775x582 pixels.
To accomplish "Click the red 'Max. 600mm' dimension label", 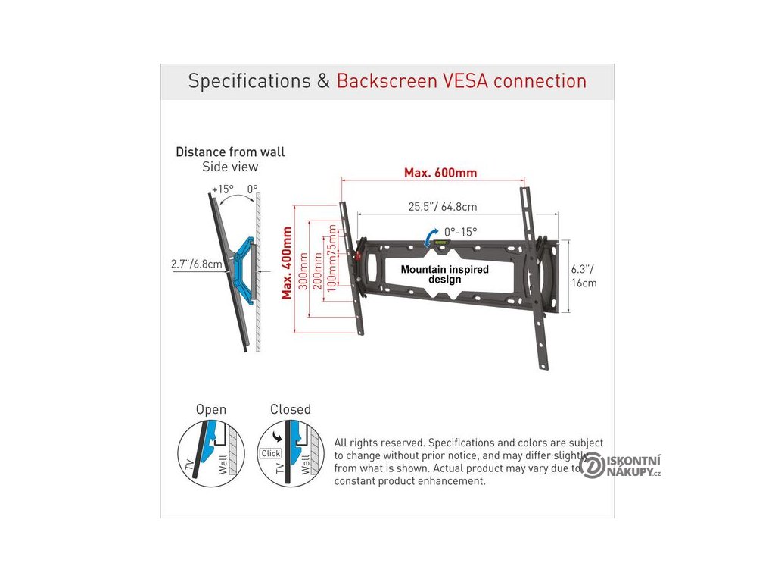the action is [440, 173].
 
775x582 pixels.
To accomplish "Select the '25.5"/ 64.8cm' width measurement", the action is [443, 206].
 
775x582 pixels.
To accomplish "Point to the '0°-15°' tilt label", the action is [461, 232].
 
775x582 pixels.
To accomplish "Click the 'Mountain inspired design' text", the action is [444, 274].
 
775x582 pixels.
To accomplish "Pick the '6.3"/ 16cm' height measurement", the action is [584, 276].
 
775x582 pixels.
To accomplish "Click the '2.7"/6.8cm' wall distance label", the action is [197, 264].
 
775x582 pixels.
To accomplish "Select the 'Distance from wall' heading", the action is [230, 152].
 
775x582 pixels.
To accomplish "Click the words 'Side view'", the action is [230, 167].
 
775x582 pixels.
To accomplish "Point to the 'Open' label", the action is [211, 409].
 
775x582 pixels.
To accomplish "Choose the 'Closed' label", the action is [291, 409].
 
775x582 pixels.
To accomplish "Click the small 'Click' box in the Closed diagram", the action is [270, 453].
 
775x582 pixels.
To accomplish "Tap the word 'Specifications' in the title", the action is [249, 81].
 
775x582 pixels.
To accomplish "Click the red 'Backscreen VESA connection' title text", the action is [462, 81].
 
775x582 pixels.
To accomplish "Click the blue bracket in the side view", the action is [243, 261].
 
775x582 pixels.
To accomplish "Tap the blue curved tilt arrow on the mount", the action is [431, 238].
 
